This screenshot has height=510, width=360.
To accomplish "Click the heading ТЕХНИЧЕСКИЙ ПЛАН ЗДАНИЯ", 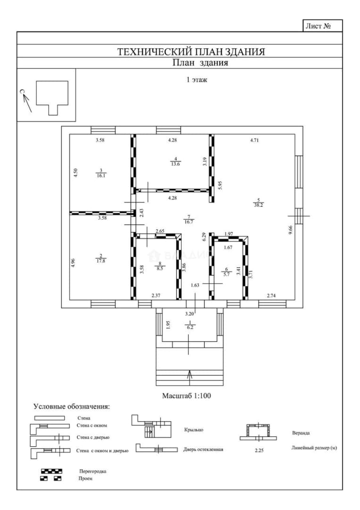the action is tap(191, 52).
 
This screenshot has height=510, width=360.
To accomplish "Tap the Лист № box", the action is tap(322, 25).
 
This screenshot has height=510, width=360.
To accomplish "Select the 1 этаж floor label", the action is tap(197, 80).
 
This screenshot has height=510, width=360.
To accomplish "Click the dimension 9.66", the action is tap(291, 232).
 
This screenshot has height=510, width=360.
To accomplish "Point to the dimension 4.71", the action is tap(254, 141).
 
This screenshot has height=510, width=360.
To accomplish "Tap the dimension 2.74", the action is tap(271, 295).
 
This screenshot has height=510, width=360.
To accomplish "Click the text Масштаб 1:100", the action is tap(186, 396).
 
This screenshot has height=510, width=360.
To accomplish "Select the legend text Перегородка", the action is tap(92, 471).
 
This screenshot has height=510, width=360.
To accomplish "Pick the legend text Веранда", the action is tap(301, 433).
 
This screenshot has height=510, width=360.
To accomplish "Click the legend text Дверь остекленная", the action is tap(203, 450).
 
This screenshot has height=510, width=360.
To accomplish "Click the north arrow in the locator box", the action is tap(26, 102).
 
